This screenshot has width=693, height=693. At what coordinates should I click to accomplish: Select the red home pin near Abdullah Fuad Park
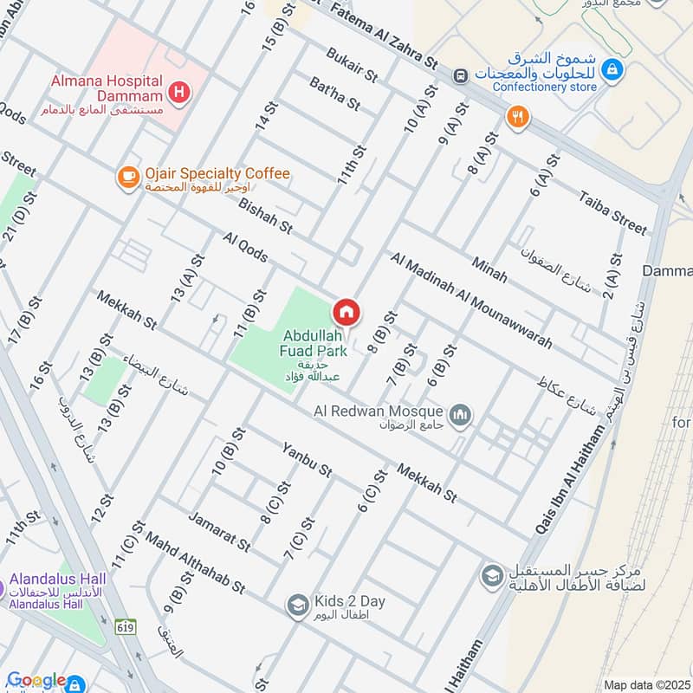pyautogui.click(x=346, y=312)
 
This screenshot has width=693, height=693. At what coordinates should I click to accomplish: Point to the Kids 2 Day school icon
pyautogui.click(x=298, y=605)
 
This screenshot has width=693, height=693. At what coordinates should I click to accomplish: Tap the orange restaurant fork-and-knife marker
pyautogui.click(x=519, y=117)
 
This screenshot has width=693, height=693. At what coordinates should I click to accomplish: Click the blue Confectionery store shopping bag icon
pyautogui.click(x=612, y=68)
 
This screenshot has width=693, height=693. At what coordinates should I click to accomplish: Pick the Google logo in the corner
pyautogui.click(x=35, y=680)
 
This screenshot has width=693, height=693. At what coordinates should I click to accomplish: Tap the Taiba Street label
pyautogui.click(x=613, y=212)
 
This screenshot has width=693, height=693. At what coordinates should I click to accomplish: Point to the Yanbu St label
pyautogui.click(x=307, y=460)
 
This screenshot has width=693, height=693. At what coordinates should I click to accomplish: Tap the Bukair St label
pyautogui.click(x=353, y=65)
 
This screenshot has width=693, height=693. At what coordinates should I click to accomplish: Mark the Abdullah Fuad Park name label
pyautogui.click(x=313, y=343)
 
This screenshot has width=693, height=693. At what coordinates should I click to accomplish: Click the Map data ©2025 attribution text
pyautogui.click(x=646, y=684)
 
